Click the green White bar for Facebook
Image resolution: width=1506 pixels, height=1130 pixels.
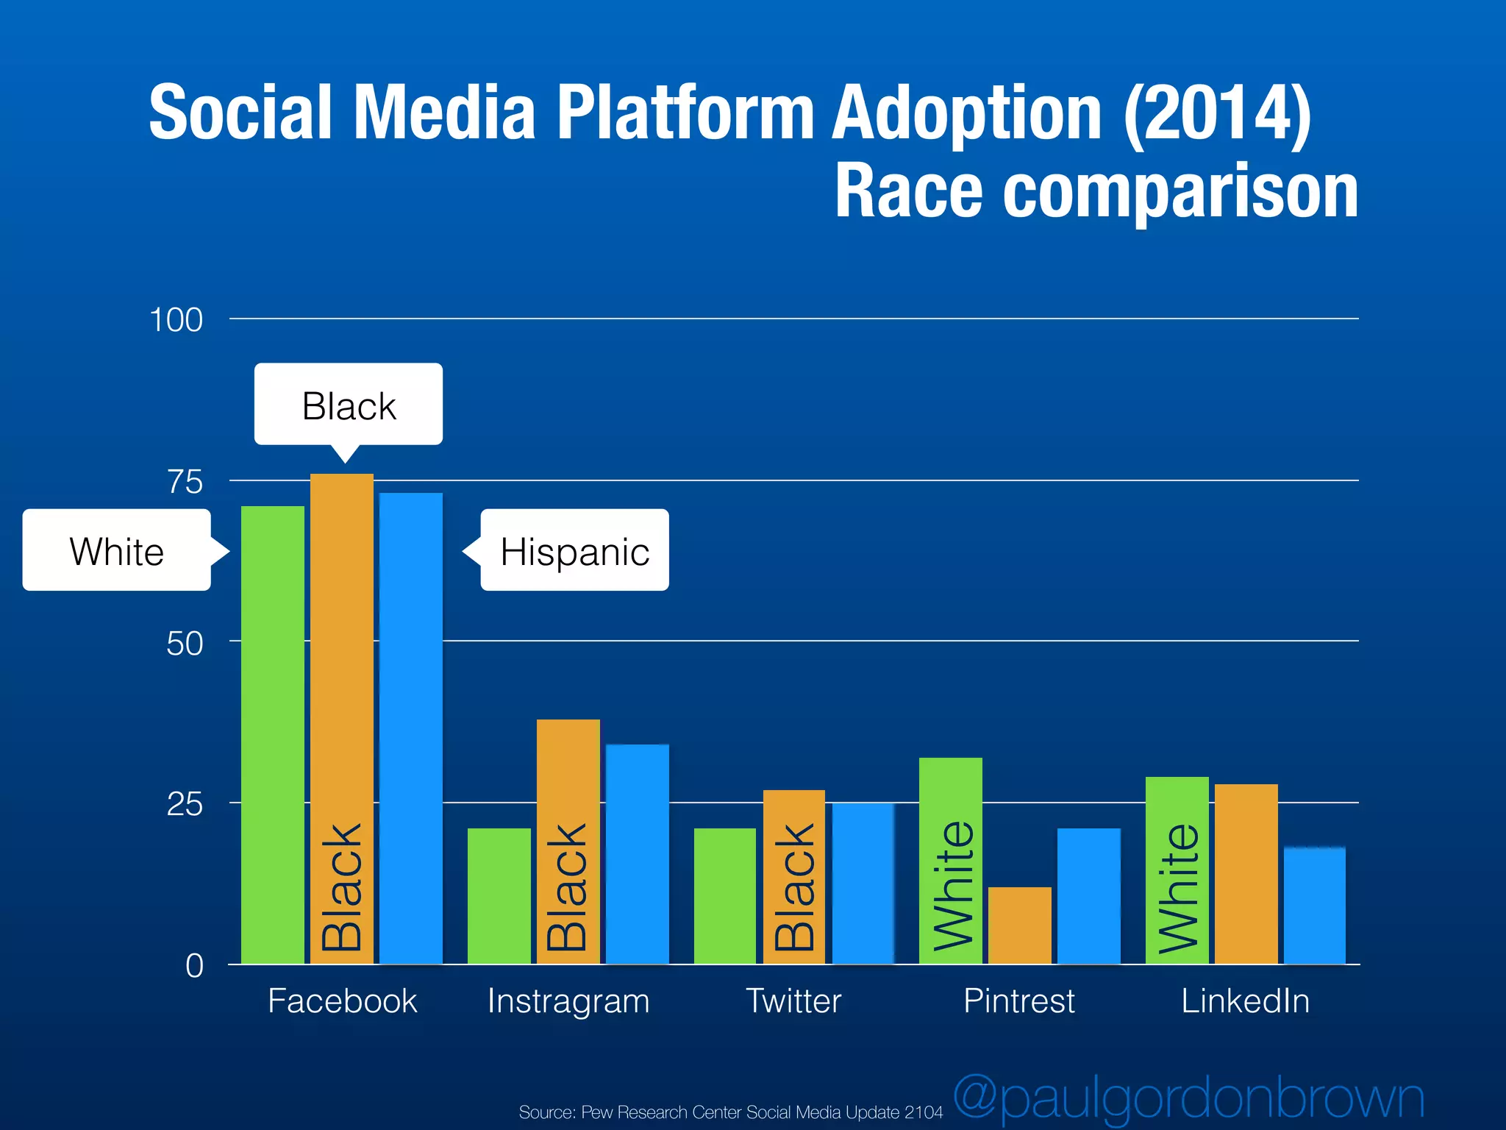click(272, 736)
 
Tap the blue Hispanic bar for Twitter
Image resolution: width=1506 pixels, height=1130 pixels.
click(863, 883)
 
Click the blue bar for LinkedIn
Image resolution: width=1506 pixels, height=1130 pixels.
click(1314, 905)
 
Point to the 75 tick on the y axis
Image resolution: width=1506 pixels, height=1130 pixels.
click(185, 483)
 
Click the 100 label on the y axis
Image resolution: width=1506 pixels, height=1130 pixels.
click(176, 321)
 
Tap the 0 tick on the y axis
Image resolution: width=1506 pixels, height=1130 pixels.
click(194, 966)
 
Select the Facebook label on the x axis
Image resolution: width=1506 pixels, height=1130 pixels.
click(342, 1001)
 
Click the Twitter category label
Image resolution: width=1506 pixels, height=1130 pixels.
click(793, 1001)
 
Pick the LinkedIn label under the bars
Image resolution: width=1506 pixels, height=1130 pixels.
click(1245, 1001)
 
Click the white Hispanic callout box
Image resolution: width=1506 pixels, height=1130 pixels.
click(574, 550)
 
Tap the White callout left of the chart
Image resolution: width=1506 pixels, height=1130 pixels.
click(117, 550)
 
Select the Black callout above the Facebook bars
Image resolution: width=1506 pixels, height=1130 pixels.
click(349, 405)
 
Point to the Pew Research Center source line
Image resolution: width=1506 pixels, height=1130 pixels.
click(730, 1112)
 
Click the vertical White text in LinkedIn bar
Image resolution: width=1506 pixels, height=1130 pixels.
click(1177, 886)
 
